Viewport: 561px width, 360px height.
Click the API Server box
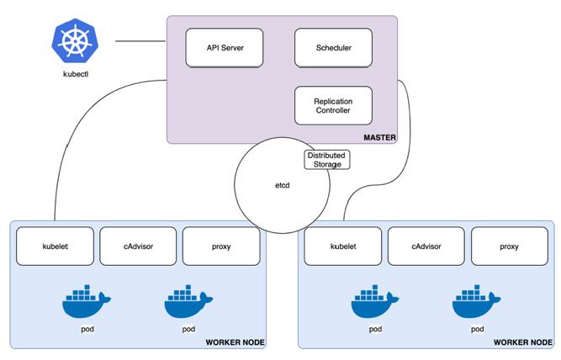click(225, 48)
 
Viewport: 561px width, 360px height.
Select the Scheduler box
click(333, 48)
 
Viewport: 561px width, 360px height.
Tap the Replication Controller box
click(333, 106)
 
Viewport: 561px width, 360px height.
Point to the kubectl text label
click(74, 73)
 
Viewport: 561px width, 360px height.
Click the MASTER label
click(379, 137)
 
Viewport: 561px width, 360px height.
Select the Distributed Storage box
click(325, 160)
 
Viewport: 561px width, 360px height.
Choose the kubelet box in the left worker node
click(55, 246)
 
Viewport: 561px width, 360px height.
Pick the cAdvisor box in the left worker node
click(138, 246)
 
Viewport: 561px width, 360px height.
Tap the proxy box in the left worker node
click(221, 246)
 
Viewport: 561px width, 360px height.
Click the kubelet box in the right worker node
click(342, 246)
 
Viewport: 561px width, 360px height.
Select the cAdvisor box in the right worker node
click(426, 246)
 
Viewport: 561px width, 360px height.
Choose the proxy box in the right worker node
click(509, 246)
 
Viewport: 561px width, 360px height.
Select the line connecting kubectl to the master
click(140, 41)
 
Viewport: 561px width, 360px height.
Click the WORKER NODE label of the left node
click(235, 342)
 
